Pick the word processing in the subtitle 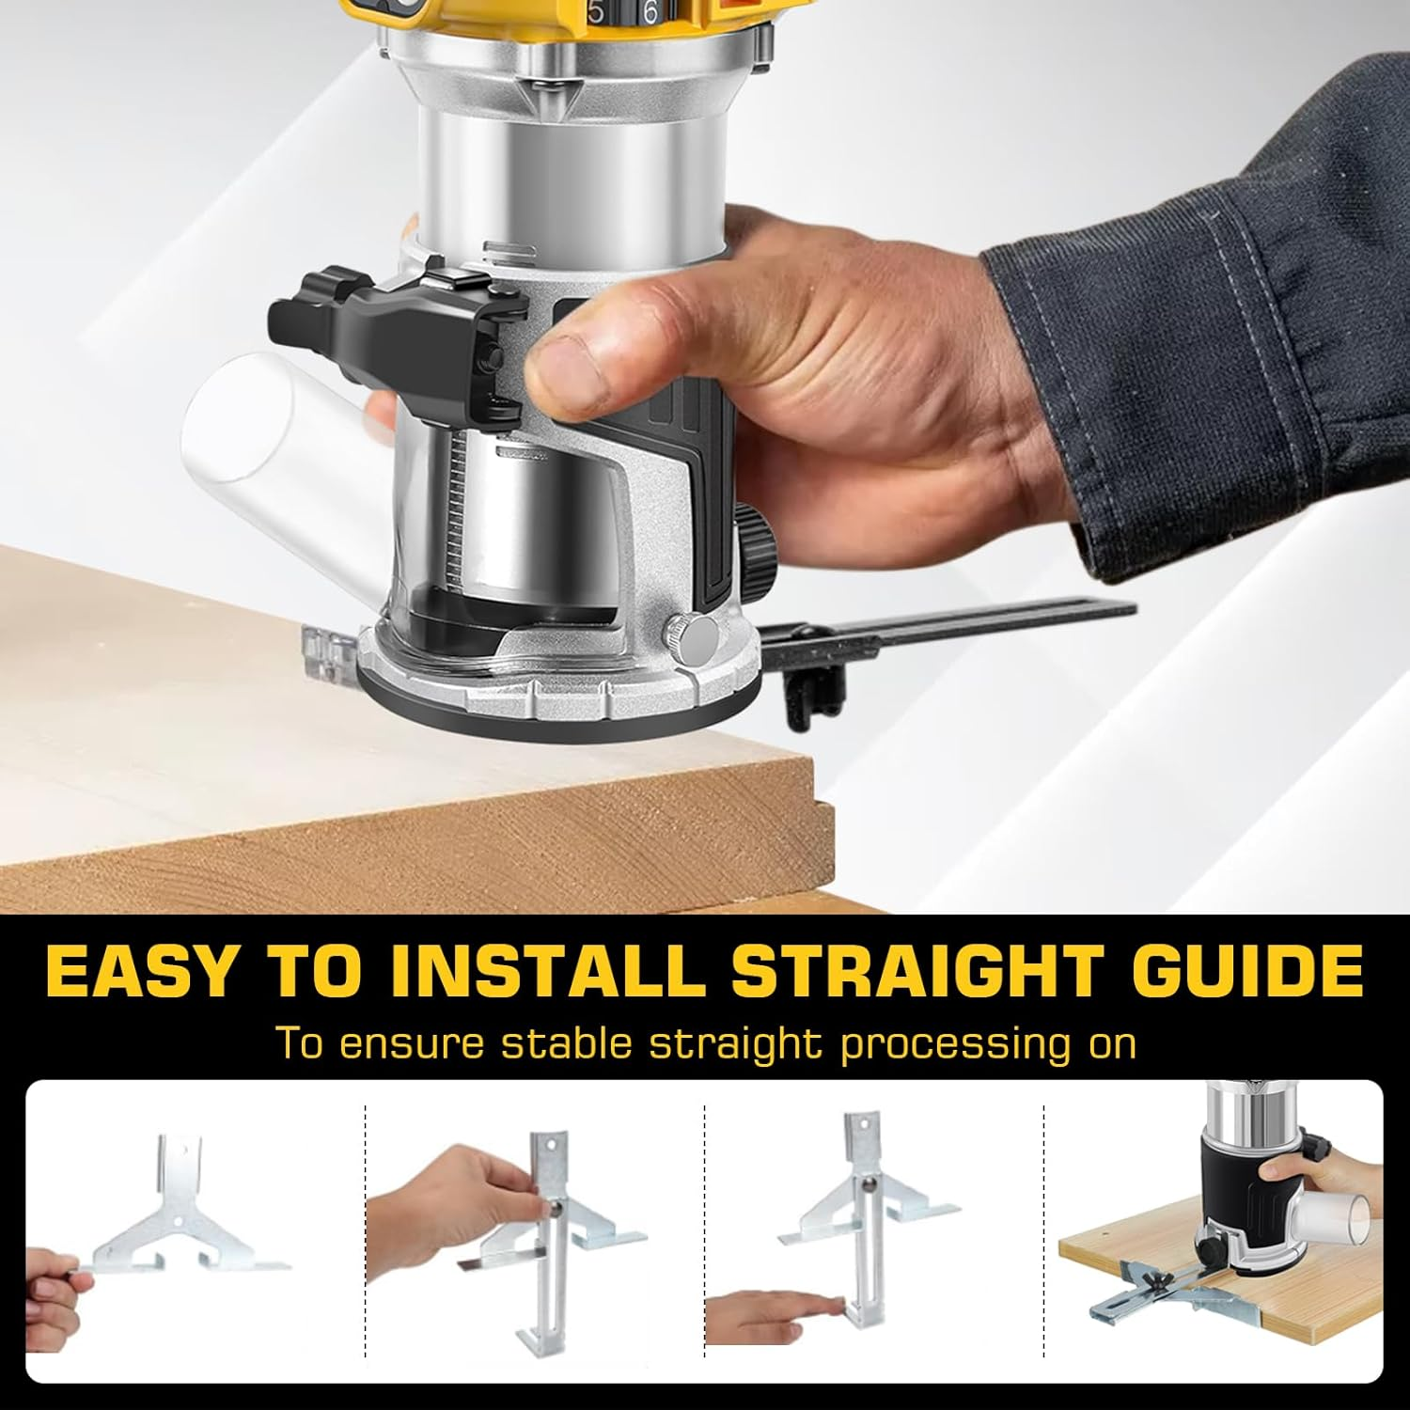(948, 1045)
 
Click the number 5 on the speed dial (595, 13)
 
